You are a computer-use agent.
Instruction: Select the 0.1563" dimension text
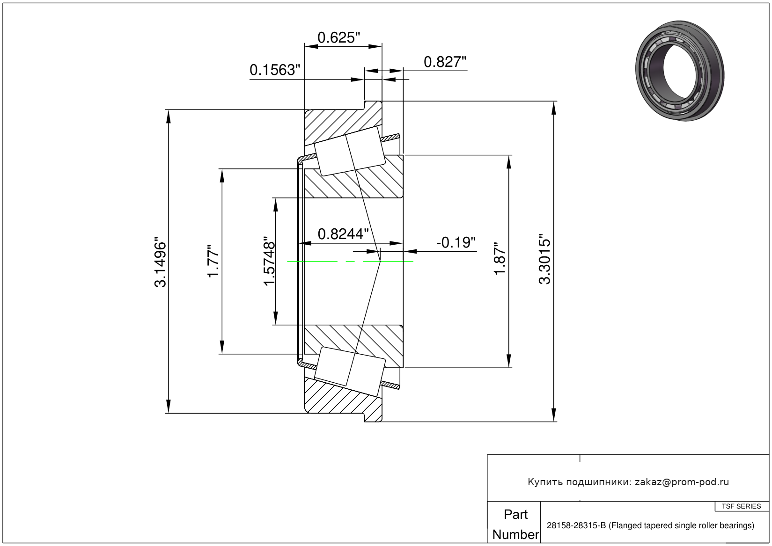[x=274, y=70]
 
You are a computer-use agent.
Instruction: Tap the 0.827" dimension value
[x=445, y=62]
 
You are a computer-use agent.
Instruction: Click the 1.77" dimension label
[x=213, y=261]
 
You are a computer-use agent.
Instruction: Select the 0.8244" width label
[x=343, y=234]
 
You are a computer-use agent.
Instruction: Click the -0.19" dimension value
[x=456, y=242]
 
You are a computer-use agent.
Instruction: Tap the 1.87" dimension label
[x=500, y=259]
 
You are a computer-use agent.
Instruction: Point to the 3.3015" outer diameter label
[x=545, y=259]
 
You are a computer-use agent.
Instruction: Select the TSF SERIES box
[x=742, y=506]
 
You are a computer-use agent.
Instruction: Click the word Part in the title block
[x=515, y=514]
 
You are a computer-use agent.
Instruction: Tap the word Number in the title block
[x=515, y=534]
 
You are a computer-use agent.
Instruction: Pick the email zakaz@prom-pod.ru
[x=681, y=482]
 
